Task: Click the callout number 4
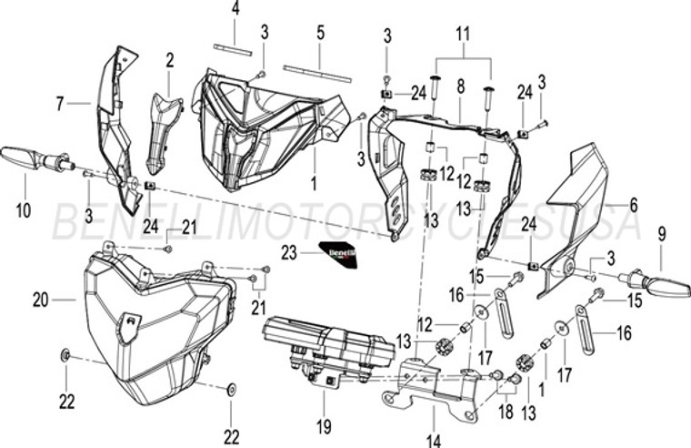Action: pos(235,10)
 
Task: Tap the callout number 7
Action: pos(61,105)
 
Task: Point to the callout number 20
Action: pos(40,299)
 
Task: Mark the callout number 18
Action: pos(506,412)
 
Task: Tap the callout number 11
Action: pos(464,35)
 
